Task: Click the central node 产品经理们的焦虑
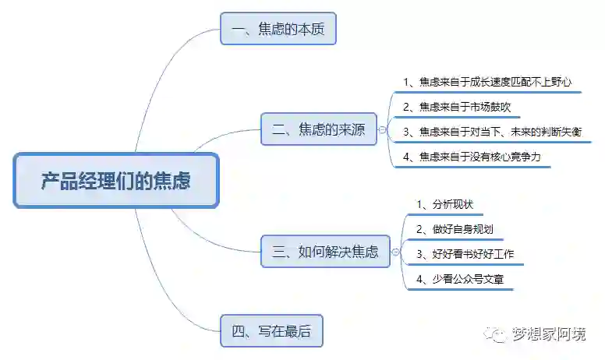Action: (x=116, y=181)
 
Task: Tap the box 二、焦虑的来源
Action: (x=319, y=129)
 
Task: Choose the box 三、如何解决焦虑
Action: (x=325, y=251)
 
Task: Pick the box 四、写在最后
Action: (x=271, y=331)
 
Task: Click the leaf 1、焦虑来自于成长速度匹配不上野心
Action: (x=489, y=82)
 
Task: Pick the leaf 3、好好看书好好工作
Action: (x=465, y=254)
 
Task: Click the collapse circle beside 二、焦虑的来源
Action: (x=382, y=130)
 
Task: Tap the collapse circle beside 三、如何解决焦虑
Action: (x=395, y=252)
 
